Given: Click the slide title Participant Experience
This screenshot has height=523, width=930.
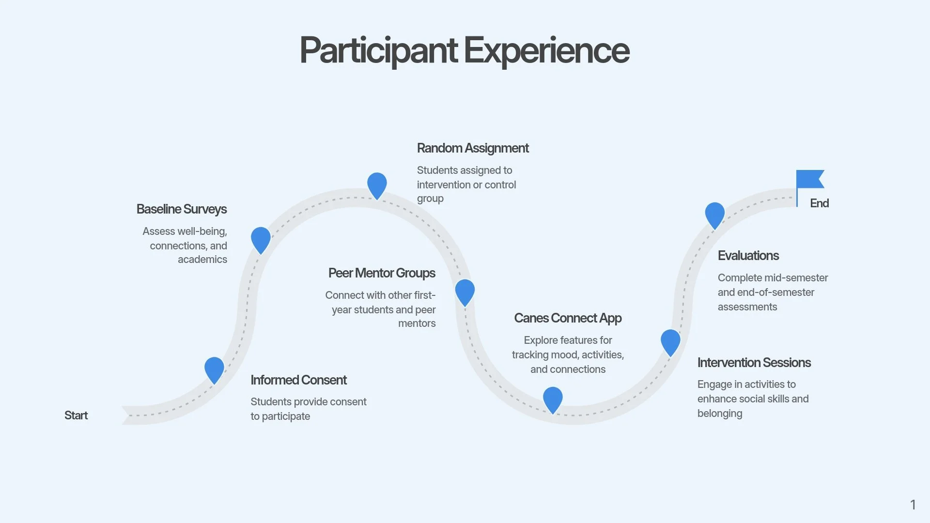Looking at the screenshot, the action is coord(465,50).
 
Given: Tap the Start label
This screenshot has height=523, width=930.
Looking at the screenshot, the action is coord(76,415).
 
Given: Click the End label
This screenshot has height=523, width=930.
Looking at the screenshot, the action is coord(819,203).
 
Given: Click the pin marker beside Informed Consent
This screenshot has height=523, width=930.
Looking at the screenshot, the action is coord(214,370).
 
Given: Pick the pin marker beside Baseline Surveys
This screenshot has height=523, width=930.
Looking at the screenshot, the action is coord(261,240).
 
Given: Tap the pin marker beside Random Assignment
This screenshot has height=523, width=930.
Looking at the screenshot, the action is coord(377,185).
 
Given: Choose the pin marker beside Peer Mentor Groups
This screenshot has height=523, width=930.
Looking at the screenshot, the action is coord(465,292).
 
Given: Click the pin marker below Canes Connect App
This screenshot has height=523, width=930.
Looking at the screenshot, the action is coord(553,400).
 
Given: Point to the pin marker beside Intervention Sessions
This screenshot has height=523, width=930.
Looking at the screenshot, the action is coord(670,342).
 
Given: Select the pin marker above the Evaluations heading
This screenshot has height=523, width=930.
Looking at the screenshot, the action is coord(715,215).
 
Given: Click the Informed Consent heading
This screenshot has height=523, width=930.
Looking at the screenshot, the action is coord(298,380).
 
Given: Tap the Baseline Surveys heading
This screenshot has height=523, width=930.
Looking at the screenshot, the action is coord(182,209).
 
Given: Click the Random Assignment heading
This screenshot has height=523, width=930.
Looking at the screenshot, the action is coord(473,148).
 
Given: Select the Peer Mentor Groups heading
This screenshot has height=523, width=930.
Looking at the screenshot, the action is coord(382,273).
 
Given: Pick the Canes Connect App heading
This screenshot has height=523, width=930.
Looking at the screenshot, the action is coord(568,318).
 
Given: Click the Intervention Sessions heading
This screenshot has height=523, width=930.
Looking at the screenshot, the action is coord(754,363).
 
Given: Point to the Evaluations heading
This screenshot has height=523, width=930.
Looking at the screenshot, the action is coord(748,256).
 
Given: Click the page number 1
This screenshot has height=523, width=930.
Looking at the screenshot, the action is coord(913,505).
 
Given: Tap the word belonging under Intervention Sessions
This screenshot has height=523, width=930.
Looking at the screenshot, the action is coord(720,414).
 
